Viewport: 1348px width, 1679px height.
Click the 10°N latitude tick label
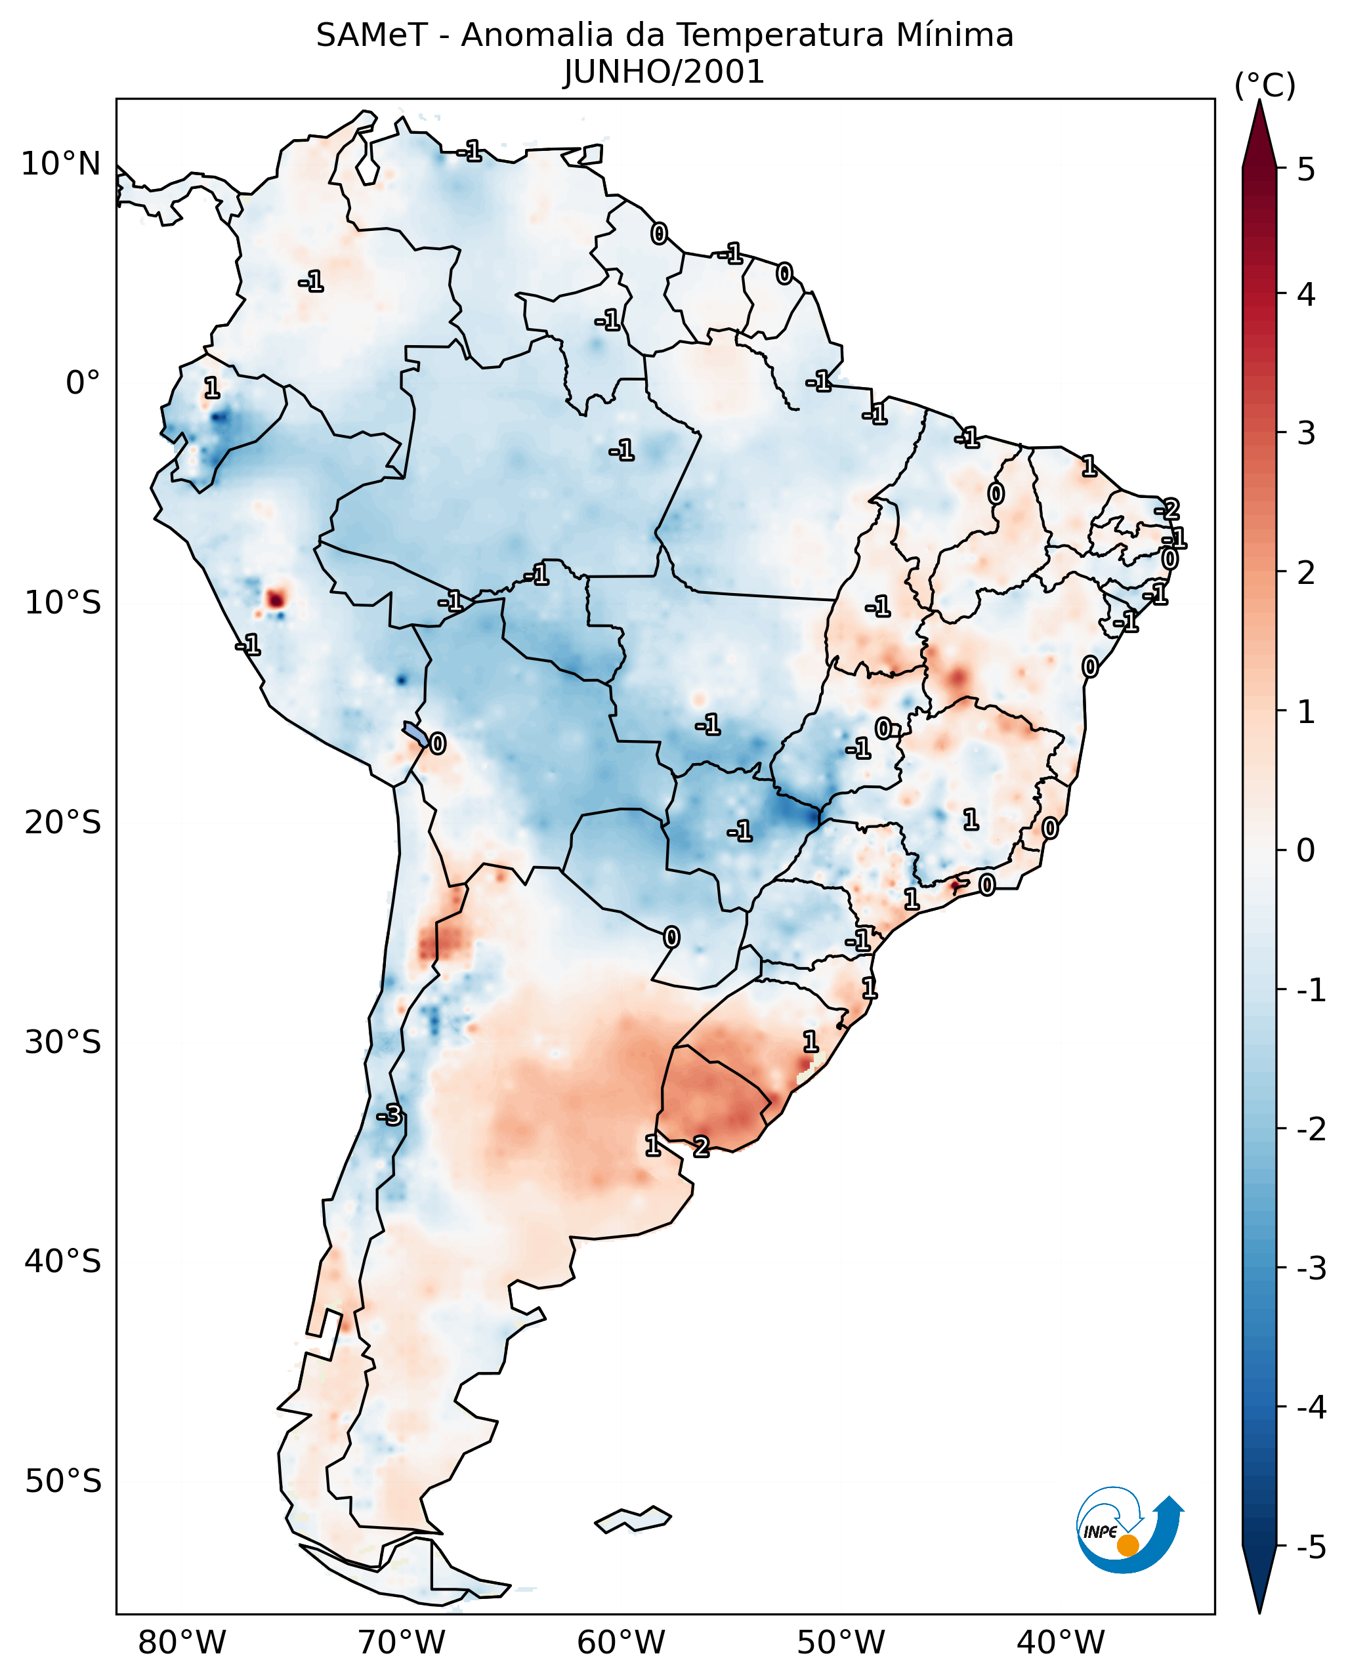pyautogui.click(x=61, y=164)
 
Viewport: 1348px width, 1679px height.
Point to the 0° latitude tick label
pyautogui.click(x=83, y=383)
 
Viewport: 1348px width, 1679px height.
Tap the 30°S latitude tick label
pyautogui.click(x=62, y=1042)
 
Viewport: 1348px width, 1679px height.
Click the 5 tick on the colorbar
pyautogui.click(x=1306, y=169)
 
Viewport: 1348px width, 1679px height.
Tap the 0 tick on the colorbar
pyautogui.click(x=1306, y=850)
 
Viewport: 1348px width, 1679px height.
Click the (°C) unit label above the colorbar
pyautogui.click(x=1265, y=86)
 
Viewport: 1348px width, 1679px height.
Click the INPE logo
pyautogui.click(x=1129, y=1529)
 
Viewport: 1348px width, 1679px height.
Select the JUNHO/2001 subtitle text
pyautogui.click(x=663, y=72)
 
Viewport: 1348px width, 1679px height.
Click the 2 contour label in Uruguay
pyautogui.click(x=701, y=1146)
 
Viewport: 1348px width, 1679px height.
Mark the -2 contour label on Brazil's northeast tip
pyautogui.click(x=1168, y=510)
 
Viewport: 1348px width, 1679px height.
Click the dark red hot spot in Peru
pyautogui.click(x=276, y=599)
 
